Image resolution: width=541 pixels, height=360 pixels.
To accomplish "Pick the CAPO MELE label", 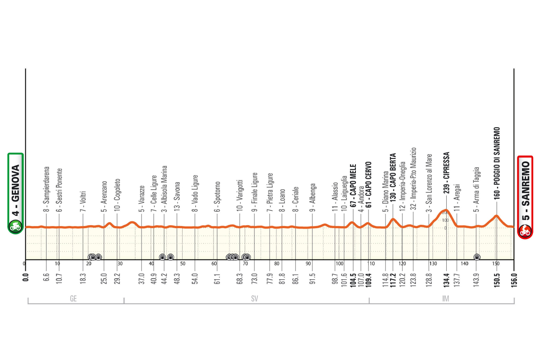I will [352, 184].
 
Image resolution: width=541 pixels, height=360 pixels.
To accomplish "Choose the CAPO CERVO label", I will [369, 183].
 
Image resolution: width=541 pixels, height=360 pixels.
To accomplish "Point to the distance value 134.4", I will [447, 275].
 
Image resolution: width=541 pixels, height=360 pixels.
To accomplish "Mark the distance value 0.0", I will [26, 276].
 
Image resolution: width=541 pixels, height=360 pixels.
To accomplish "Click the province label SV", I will [254, 298].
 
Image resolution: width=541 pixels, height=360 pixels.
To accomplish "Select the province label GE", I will [73, 298].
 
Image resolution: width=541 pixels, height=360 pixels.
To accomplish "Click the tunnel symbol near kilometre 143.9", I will [477, 257].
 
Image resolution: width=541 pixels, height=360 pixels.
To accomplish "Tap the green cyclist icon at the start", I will [16, 227].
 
